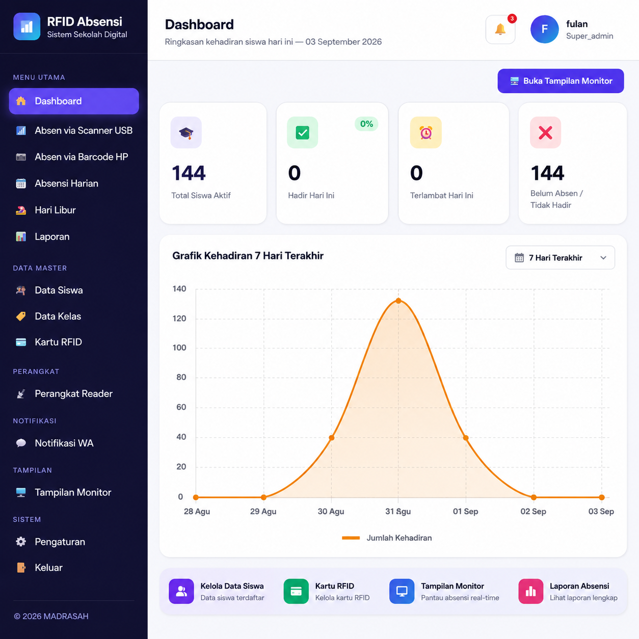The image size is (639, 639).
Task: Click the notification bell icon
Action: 500,29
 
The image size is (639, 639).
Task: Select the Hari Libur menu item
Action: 56,210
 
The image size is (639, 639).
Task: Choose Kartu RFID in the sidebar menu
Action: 59,342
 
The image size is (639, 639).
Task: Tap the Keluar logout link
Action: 48,567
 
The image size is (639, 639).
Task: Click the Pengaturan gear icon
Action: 21,542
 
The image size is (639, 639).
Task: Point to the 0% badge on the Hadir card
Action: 366,124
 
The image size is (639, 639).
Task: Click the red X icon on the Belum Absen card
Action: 545,132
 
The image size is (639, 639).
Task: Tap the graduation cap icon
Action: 186,132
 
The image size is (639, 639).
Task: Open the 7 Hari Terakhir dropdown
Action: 560,258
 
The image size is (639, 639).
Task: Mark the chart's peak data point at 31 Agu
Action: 398,301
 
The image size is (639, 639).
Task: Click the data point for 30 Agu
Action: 331,438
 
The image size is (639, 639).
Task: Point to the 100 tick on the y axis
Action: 179,348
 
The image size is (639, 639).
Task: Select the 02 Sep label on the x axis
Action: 533,511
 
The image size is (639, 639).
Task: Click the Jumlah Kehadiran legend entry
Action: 387,538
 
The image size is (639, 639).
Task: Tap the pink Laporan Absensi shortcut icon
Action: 530,591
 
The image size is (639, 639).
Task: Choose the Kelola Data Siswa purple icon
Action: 181,591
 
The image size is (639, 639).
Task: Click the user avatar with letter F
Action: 545,29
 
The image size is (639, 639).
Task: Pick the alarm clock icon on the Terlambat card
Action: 426,132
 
